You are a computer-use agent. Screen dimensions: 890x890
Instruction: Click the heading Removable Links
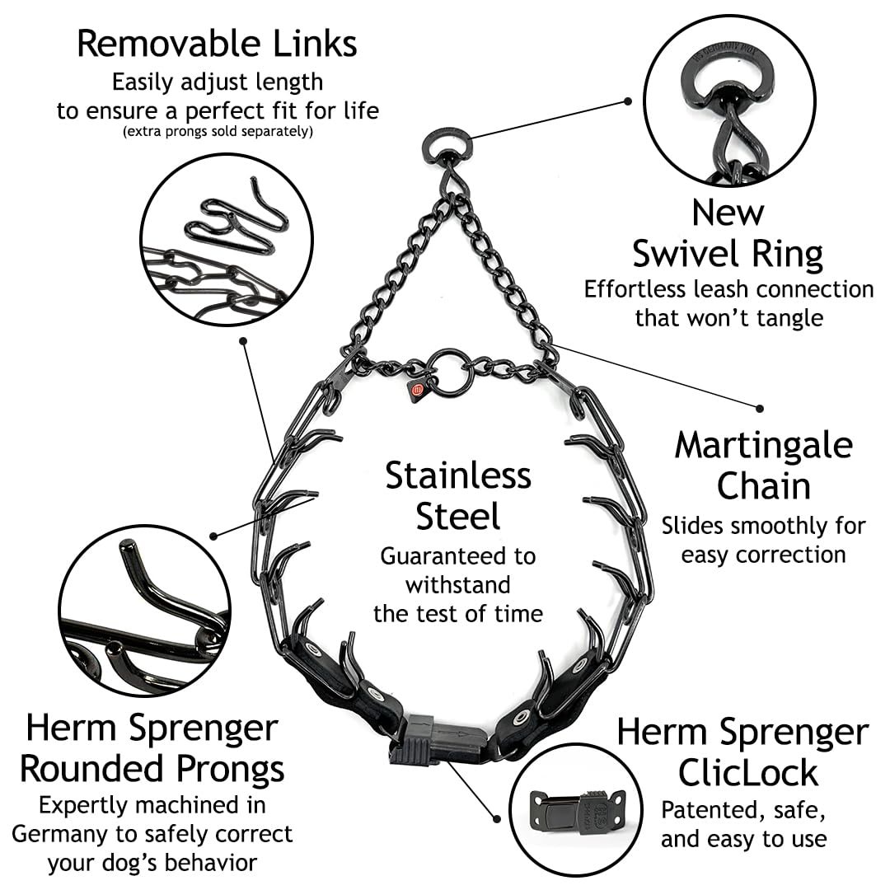[217, 44]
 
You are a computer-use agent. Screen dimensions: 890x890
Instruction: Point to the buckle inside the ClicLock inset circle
[577, 812]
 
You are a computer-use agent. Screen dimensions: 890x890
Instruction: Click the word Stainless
[458, 475]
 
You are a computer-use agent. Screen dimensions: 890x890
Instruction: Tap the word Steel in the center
[458, 516]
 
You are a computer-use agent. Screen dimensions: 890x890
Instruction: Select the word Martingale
[763, 447]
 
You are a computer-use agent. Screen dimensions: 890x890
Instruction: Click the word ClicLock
[748, 772]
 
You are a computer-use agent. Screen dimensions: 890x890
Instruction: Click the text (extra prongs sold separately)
[218, 132]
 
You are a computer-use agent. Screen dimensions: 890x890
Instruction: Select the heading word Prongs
[230, 771]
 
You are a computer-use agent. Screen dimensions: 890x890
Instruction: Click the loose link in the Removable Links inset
[237, 216]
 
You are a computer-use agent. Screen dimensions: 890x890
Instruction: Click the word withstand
[458, 584]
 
